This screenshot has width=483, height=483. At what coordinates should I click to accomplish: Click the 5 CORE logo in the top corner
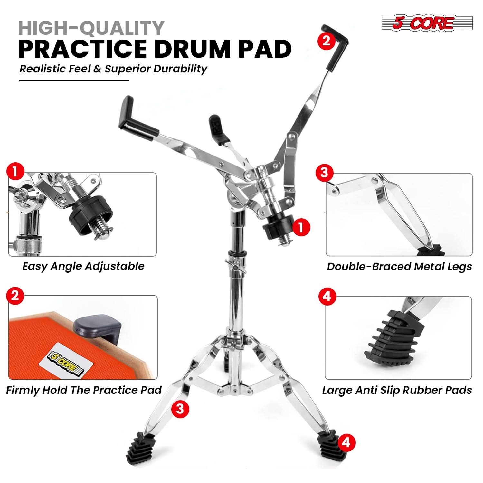click(x=427, y=23)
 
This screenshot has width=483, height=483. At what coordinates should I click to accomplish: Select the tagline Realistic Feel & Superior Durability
click(x=113, y=69)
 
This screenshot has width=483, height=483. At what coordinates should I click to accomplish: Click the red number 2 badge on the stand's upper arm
click(x=326, y=41)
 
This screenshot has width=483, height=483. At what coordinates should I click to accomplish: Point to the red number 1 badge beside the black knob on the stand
click(x=301, y=228)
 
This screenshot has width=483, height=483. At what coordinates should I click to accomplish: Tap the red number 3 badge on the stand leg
click(x=180, y=409)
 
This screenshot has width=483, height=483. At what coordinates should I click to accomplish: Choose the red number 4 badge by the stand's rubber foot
click(x=346, y=443)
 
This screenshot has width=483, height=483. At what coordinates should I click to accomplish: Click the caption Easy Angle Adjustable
click(x=83, y=266)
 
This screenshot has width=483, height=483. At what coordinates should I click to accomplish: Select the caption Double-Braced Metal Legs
click(x=399, y=267)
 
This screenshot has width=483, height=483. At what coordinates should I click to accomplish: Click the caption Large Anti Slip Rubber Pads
click(x=397, y=390)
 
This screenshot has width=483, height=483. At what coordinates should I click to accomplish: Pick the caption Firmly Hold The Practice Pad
click(x=84, y=390)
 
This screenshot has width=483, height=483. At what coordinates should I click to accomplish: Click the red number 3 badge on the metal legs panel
click(x=324, y=173)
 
